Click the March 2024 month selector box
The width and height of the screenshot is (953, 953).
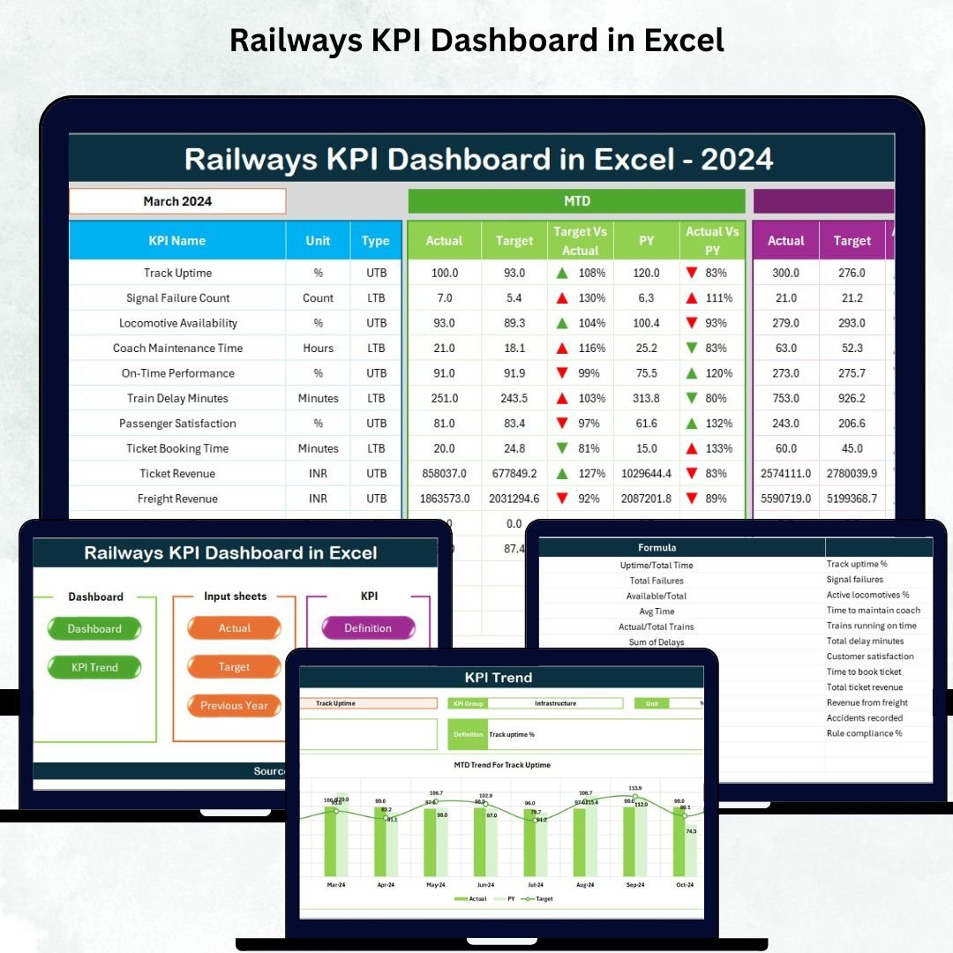177,201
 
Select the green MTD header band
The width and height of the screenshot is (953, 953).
576,201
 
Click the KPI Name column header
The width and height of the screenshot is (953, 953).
177,240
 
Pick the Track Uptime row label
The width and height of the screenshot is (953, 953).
177,273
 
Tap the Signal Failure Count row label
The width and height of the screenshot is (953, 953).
177,298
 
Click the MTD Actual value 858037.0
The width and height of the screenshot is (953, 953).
444,474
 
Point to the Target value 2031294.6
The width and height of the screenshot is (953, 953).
514,499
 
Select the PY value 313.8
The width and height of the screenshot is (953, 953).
647,398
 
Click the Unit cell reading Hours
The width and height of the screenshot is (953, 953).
318,348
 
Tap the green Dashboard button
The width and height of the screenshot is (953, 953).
94,629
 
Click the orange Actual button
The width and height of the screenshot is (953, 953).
235,628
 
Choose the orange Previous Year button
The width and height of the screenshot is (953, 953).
234,706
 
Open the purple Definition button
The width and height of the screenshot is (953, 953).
368,628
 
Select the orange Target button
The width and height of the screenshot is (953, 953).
235,667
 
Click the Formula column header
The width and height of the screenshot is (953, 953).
657,548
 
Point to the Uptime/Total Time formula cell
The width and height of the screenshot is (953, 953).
657,565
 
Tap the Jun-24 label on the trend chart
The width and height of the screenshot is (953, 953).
485,884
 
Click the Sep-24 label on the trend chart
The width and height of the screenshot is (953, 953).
634,884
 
